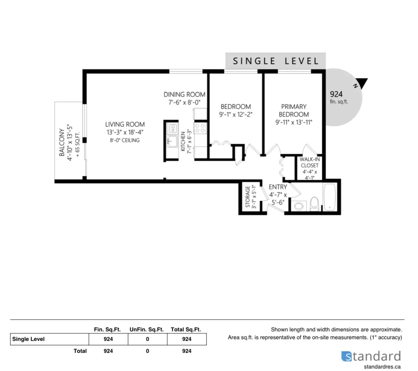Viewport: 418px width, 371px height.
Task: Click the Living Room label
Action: coord(125,124)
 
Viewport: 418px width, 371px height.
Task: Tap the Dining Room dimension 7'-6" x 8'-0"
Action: coord(184,102)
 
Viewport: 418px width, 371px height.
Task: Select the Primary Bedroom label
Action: coord(294,110)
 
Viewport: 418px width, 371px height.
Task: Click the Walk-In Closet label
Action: coord(310,162)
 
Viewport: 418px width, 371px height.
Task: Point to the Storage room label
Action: coord(248,197)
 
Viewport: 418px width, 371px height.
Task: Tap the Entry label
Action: coord(278,187)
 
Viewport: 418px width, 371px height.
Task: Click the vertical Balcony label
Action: coord(62,143)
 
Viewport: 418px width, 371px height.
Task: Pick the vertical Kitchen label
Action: coord(183,141)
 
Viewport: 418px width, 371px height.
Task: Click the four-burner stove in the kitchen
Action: coord(200,128)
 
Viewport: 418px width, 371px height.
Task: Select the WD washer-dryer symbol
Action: coord(173,129)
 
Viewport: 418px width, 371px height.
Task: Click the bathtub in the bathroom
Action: coord(330,197)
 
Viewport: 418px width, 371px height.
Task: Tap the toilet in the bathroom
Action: coord(314,204)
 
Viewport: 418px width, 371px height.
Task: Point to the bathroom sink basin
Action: coord(298,206)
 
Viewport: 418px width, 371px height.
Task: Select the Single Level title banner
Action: coord(275,61)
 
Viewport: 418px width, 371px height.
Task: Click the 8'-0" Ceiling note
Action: coord(125,140)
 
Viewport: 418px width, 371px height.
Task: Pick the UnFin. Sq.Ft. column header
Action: coord(147,329)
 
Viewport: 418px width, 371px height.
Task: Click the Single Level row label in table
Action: coord(28,339)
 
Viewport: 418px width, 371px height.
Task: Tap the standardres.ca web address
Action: coord(382,367)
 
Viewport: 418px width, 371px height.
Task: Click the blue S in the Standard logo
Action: coord(346,356)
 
